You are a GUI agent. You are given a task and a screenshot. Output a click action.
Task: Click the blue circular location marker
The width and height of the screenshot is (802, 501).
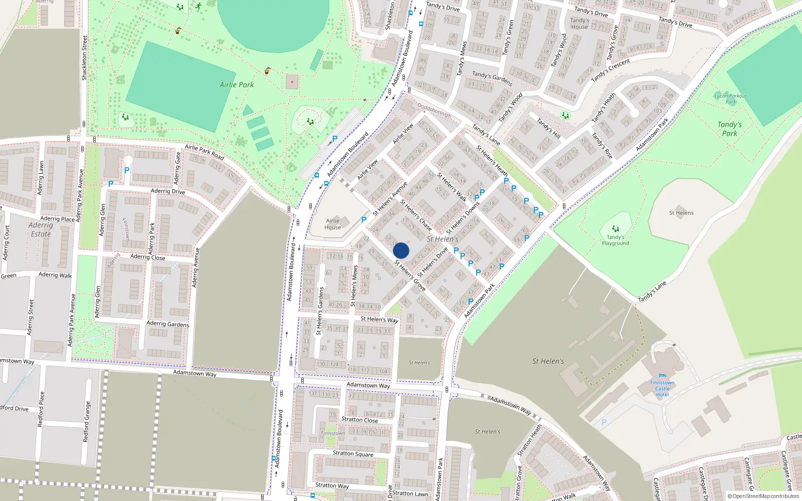point(401,250)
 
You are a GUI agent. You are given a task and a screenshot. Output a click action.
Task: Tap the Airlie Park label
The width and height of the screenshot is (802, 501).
point(237,85)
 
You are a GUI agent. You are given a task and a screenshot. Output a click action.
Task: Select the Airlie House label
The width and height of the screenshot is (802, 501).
point(333,224)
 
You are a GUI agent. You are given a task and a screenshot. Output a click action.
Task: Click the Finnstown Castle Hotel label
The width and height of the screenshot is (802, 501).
point(662,389)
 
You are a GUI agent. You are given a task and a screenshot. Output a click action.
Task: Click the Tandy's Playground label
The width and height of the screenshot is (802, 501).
point(615,240)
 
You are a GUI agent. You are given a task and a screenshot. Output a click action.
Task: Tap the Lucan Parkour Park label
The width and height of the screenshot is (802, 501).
point(730,99)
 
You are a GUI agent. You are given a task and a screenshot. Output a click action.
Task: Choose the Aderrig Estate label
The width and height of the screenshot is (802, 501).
point(41,229)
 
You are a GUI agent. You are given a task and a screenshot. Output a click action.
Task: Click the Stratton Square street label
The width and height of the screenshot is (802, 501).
point(353,453)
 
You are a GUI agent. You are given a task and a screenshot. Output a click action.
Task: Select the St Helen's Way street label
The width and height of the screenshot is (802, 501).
point(379,319)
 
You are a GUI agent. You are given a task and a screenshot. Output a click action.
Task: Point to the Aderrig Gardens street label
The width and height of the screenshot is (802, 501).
point(167,324)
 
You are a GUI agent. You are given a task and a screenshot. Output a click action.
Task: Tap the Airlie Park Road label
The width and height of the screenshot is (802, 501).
point(204,152)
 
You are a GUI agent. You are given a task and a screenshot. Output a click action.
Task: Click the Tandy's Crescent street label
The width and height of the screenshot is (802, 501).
point(610,70)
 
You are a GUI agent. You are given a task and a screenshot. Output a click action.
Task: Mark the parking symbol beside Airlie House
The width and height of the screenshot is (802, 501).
point(364,220)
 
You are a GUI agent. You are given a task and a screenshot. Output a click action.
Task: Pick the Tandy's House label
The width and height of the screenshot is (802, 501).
point(579,24)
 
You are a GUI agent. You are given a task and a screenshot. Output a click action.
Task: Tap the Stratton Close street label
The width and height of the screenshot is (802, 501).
point(359,420)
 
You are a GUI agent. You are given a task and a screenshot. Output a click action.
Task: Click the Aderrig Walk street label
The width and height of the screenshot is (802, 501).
point(55,275)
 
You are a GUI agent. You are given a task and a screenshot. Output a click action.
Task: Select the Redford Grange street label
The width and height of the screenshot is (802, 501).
point(88,421)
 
